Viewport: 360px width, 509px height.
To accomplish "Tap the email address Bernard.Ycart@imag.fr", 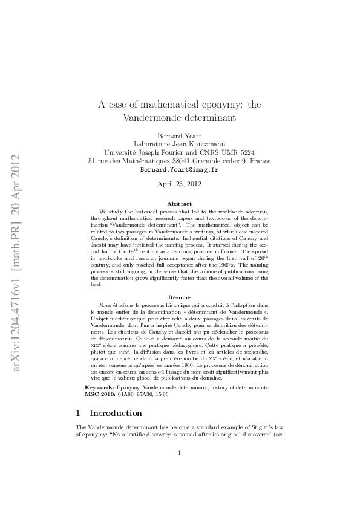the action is coord(179,170).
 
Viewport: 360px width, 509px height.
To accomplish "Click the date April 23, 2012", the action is coord(179,184).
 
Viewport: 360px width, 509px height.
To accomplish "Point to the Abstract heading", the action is coord(179,204).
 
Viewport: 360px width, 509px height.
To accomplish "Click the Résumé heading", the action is coord(179,298).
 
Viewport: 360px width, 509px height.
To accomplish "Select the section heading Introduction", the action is coord(116,413).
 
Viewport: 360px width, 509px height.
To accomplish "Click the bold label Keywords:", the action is coord(99,386).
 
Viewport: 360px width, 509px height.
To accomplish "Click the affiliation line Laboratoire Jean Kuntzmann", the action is coord(179,144).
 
